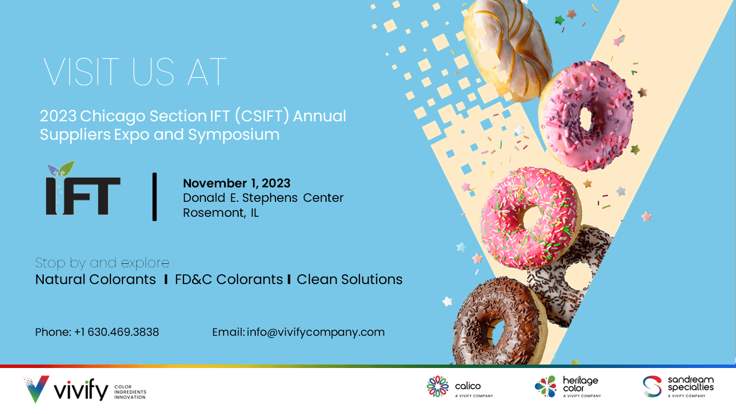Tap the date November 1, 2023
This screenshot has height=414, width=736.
(x=236, y=183)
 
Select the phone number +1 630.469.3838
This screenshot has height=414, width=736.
(x=116, y=332)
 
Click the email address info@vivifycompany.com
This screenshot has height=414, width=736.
(x=316, y=332)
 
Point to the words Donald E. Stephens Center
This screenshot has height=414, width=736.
(x=263, y=198)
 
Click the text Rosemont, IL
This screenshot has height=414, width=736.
(x=221, y=213)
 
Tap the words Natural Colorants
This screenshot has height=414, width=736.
(x=95, y=279)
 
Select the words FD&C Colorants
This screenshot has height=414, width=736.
(x=229, y=279)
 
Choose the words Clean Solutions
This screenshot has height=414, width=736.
(x=350, y=279)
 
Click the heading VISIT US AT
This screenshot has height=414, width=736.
(x=135, y=72)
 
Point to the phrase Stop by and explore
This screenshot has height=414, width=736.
(x=102, y=263)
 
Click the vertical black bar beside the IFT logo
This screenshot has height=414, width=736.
(x=155, y=197)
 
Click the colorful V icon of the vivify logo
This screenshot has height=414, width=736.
(x=36, y=389)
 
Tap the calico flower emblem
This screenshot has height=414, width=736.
(x=438, y=386)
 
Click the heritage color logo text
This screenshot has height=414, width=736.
(x=581, y=384)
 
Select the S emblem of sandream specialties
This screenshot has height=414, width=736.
(x=652, y=386)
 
